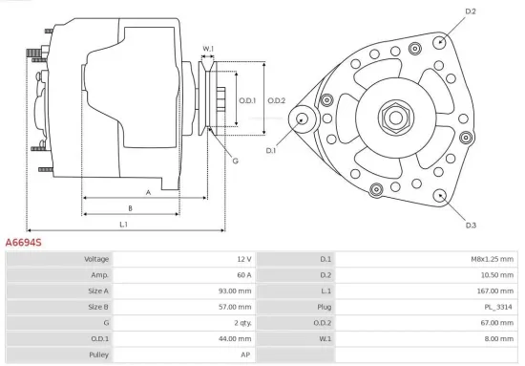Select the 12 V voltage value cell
pos(242,259)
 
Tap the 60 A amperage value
pos(242,274)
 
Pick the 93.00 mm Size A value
pos(237,291)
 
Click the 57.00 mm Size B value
pos(237,307)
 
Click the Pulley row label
pos(97,355)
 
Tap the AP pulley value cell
pos(246,355)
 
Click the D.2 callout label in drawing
pos(470,11)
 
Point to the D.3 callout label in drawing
pos(471,226)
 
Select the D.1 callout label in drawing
pos(271,151)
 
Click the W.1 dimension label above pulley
pos(208,49)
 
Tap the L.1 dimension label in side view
pos(124,225)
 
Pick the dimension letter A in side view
pos(148,192)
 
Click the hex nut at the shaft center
pos(394,118)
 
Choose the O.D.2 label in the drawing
pos(277,100)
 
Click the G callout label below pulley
pos(235,161)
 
